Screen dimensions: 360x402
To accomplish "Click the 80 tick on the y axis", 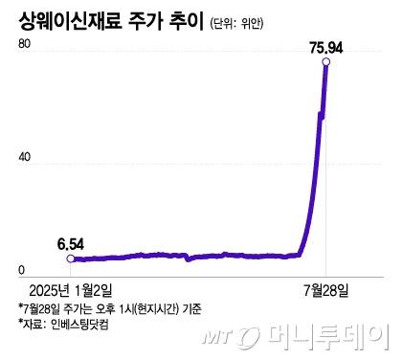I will (23, 46).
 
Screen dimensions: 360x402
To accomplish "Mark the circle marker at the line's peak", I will (326, 62).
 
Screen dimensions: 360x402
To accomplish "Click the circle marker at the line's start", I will (69, 259).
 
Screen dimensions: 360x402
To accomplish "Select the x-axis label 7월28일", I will (326, 288).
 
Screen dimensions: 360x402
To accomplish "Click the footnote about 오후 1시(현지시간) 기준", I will (109, 307).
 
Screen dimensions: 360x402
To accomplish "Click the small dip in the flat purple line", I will (188, 259).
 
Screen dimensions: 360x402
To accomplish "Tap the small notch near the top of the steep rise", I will (321, 117).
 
